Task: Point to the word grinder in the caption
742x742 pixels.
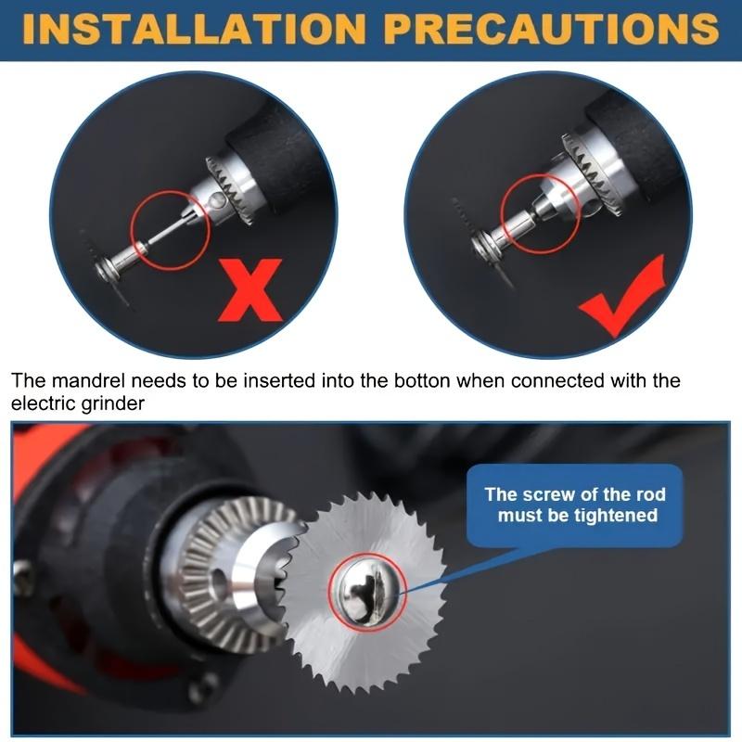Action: pyautogui.click(x=116, y=403)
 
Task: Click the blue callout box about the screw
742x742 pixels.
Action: pyautogui.click(x=575, y=505)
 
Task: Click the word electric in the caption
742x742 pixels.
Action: pyautogui.click(x=46, y=403)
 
